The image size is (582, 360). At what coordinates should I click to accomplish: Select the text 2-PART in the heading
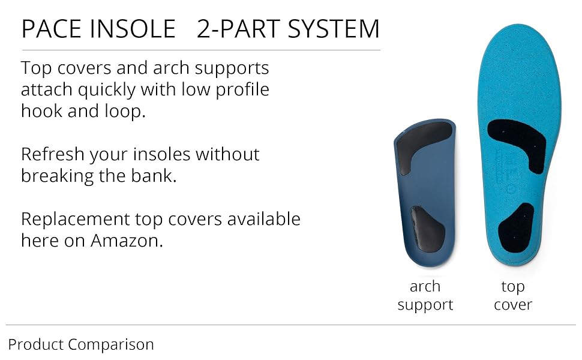[x=239, y=29]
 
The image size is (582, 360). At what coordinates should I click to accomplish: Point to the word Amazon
[x=127, y=241]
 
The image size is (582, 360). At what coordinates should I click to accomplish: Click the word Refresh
[x=52, y=154]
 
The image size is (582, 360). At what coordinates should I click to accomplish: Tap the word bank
[x=154, y=176]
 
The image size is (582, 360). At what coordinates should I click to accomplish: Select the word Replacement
[x=76, y=220]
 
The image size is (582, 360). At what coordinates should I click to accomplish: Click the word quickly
[x=107, y=90]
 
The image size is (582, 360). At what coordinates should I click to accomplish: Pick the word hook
[x=41, y=111]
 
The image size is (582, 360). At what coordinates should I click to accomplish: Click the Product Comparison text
[x=81, y=345]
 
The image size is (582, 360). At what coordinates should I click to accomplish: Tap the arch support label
[x=425, y=295]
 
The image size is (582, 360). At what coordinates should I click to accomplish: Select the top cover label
[x=513, y=295]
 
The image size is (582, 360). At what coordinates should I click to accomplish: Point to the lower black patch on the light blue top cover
[x=516, y=227]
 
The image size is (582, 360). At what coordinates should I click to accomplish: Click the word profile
[x=242, y=90]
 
